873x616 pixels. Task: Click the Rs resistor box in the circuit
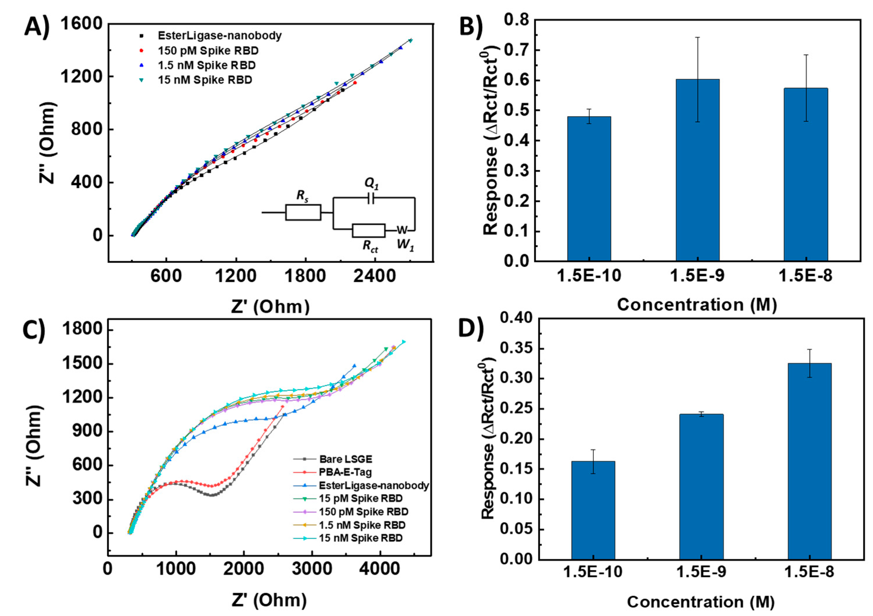[x=303, y=213]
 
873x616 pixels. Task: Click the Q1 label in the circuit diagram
[x=372, y=184]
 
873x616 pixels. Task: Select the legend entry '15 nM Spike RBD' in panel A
[x=204, y=80]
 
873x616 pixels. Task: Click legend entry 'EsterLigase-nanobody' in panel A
[x=219, y=36]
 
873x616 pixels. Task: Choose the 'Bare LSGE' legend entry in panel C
[x=345, y=459]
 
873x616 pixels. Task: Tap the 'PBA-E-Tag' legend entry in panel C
[x=345, y=472]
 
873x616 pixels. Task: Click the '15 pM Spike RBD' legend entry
[x=360, y=498]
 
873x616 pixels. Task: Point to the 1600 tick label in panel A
[x=81, y=24]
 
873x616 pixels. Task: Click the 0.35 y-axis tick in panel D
[x=516, y=349]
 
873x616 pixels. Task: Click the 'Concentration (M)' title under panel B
[x=697, y=305]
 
